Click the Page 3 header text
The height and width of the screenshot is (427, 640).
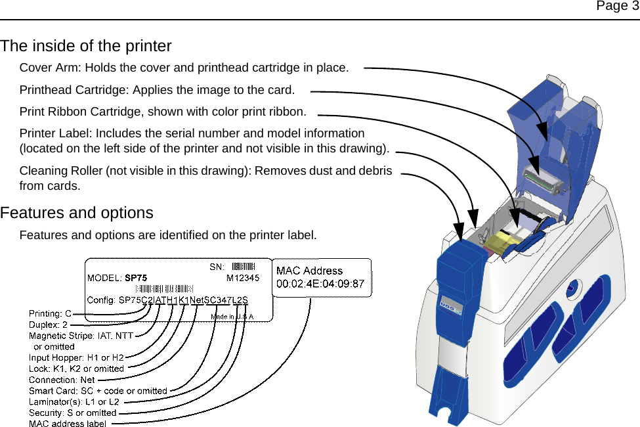pos(616,7)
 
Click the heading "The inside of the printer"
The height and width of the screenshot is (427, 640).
pos(86,46)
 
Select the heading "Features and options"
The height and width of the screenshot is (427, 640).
pos(77,213)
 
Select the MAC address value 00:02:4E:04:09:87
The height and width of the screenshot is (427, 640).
pos(320,283)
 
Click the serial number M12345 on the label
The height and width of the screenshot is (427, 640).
pos(242,278)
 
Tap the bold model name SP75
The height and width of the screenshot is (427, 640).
pos(136,278)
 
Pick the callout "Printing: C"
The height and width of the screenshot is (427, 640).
pos(50,313)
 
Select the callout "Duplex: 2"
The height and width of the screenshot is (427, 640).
pos(48,325)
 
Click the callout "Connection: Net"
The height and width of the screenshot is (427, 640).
pos(62,380)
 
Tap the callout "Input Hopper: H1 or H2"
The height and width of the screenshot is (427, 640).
pos(76,357)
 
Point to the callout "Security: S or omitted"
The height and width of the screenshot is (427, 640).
pos(72,413)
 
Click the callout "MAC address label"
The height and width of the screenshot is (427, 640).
pos(68,424)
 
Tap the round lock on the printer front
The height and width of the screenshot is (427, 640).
pos(573,286)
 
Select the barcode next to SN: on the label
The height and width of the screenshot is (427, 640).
pos(242,266)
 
